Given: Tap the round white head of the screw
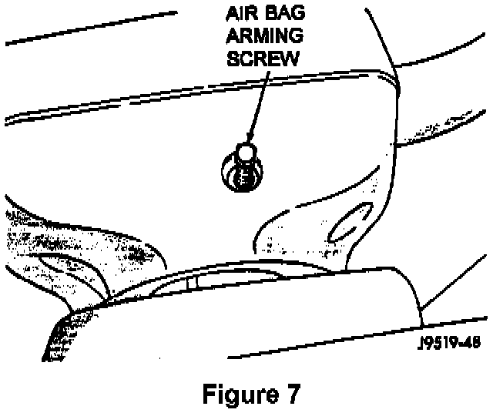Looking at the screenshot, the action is tap(244, 154).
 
